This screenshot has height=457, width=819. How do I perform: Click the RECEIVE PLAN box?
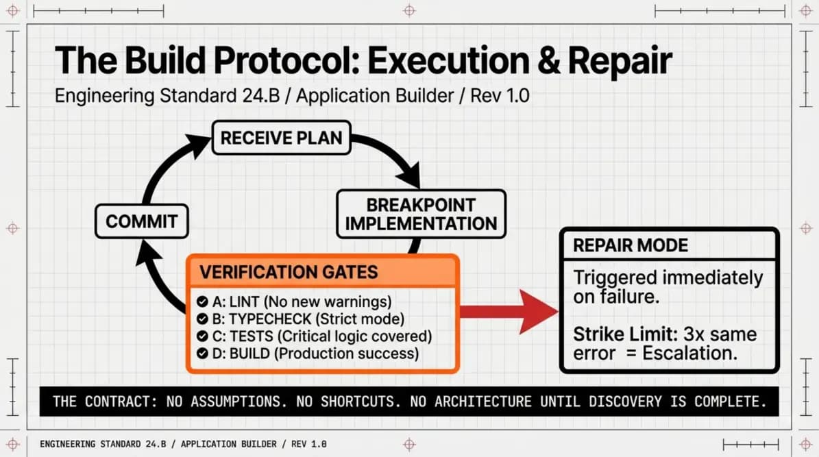pyautogui.click(x=281, y=137)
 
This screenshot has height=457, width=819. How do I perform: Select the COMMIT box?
pyautogui.click(x=142, y=221)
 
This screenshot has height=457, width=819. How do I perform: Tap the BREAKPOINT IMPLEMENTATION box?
pyautogui.click(x=421, y=214)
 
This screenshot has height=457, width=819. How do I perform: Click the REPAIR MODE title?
pyautogui.click(x=631, y=245)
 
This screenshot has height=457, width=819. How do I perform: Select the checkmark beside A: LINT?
pyautogui.click(x=202, y=301)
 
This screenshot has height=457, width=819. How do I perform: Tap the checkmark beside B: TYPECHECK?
pyautogui.click(x=202, y=319)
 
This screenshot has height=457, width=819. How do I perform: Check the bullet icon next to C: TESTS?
pyautogui.click(x=202, y=336)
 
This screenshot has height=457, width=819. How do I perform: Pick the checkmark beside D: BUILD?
pyautogui.click(x=202, y=354)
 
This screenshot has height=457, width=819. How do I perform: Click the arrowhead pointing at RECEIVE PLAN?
pyautogui.click(x=200, y=144)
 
